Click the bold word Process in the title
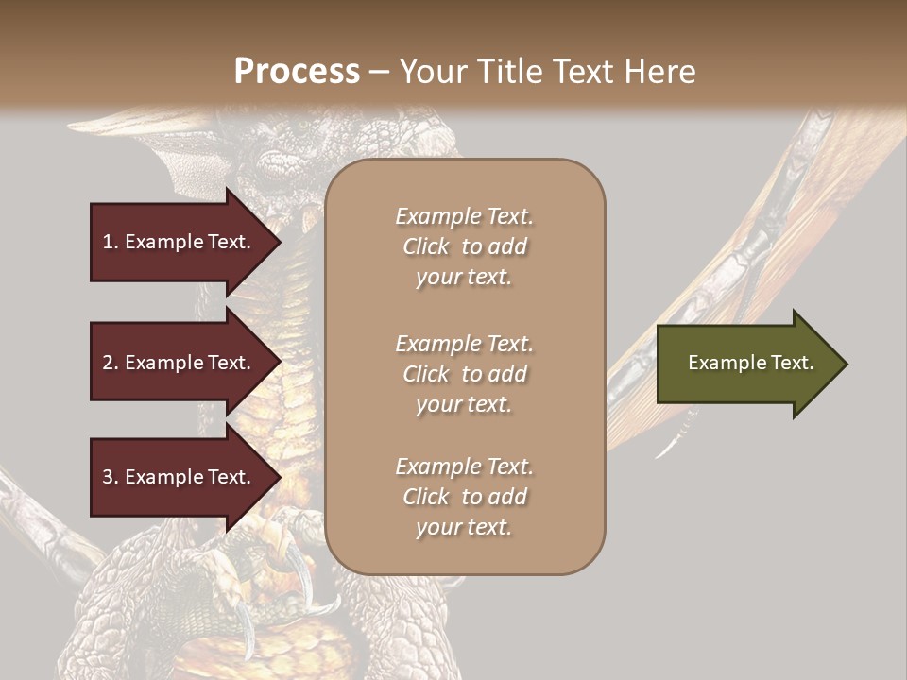tap(297, 71)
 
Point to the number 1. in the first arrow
tap(111, 242)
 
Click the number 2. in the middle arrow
tap(111, 363)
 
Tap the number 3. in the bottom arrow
tap(111, 477)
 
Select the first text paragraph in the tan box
tap(464, 246)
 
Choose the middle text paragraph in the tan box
tap(464, 374)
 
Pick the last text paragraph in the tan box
tap(464, 497)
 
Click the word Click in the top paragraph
tap(426, 246)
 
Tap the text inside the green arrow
tap(750, 363)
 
